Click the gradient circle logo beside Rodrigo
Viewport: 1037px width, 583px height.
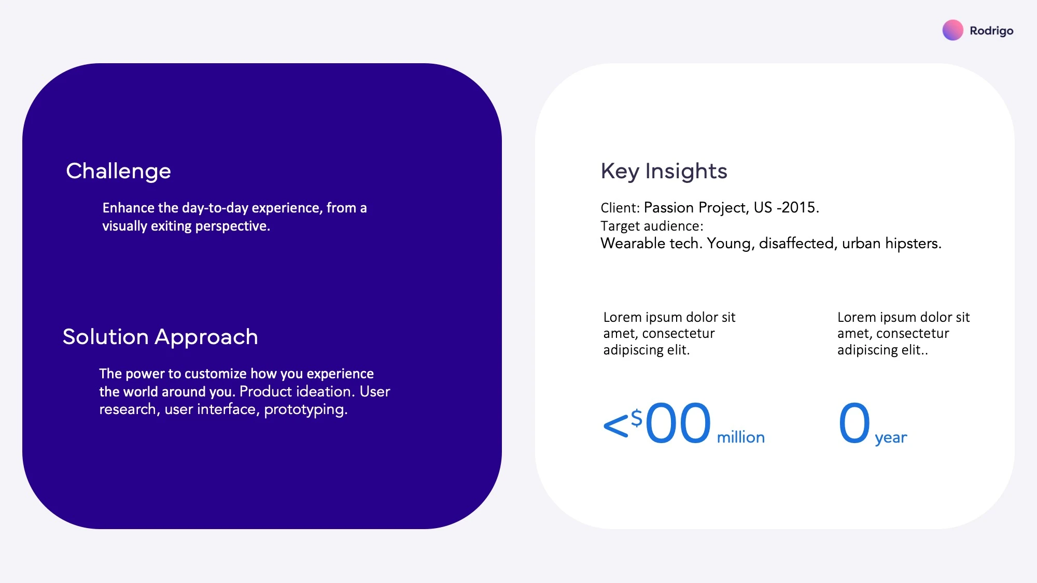pyautogui.click(x=952, y=30)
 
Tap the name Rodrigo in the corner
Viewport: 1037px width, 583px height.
pyautogui.click(x=991, y=31)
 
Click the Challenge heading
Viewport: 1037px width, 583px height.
pyautogui.click(x=118, y=172)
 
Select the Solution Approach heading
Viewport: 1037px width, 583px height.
pyautogui.click(x=160, y=337)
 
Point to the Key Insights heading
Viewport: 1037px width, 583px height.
pyautogui.click(x=664, y=172)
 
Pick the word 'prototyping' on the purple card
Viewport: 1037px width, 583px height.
pyautogui.click(x=305, y=410)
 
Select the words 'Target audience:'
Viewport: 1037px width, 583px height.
pyautogui.click(x=652, y=226)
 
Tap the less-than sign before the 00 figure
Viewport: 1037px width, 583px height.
pyautogui.click(x=616, y=426)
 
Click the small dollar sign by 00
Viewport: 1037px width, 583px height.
pyautogui.click(x=637, y=418)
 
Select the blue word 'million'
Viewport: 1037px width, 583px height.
pyautogui.click(x=740, y=437)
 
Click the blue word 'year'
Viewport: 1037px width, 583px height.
pyautogui.click(x=891, y=438)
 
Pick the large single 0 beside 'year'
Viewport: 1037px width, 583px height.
pyautogui.click(x=854, y=423)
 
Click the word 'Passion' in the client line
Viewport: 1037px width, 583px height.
pyautogui.click(x=669, y=207)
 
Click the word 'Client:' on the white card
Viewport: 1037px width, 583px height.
pyautogui.click(x=620, y=208)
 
